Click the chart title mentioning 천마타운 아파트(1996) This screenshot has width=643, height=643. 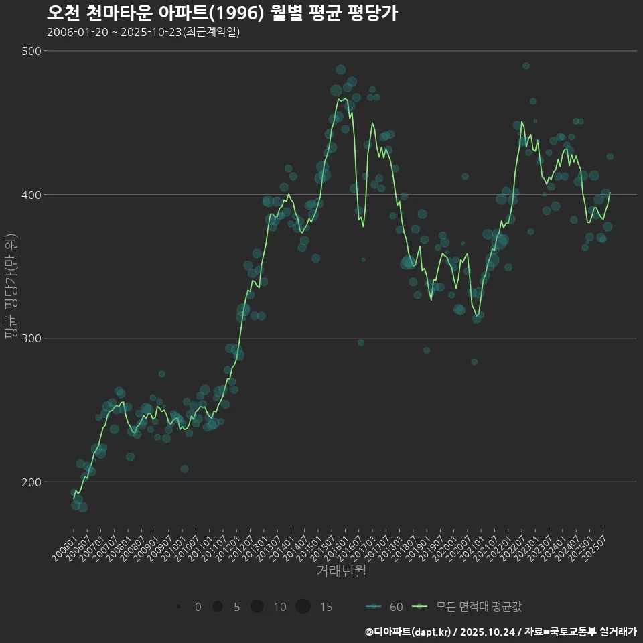(222, 13)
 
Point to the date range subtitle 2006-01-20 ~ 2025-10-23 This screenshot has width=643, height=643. (143, 33)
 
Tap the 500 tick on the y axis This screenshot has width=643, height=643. (32, 52)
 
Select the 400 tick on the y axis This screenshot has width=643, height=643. (32, 195)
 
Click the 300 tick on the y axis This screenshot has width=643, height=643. (32, 338)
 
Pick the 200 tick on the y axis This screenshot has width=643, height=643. (32, 482)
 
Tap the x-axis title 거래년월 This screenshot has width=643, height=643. (341, 571)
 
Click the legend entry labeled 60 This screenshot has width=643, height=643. (385, 607)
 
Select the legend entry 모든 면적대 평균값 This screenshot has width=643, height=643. (469, 607)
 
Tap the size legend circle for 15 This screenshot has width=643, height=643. (303, 607)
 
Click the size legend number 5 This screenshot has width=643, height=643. (236, 608)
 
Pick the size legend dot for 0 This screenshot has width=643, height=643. (178, 607)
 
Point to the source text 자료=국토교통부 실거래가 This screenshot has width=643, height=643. (581, 632)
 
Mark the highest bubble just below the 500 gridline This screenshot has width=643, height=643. (526, 66)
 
